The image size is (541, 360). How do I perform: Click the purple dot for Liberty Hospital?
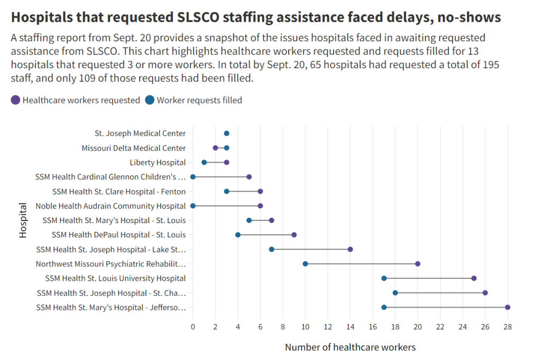point(226,162)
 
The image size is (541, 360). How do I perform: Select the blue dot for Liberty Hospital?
point(204,162)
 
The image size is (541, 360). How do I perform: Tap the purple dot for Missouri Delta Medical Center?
point(215,148)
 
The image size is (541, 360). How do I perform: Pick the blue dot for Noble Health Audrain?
point(193,206)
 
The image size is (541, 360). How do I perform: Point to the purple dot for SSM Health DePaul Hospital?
point(294,235)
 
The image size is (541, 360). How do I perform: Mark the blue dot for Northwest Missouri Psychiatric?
point(305,264)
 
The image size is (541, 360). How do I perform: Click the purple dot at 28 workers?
point(508,307)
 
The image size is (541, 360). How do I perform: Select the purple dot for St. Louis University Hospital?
point(474,278)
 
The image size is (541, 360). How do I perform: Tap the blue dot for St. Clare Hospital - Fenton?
point(226,191)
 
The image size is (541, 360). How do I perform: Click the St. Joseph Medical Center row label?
point(140,134)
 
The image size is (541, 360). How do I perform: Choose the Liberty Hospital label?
point(158,162)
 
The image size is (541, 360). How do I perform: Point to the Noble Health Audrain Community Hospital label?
point(111,206)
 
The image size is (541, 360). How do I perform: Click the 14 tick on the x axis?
point(350,327)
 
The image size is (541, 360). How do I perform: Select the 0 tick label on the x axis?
point(193,327)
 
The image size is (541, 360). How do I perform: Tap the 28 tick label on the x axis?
point(508,327)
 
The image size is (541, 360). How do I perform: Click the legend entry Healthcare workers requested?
point(81,100)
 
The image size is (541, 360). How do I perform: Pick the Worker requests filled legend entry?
point(199,100)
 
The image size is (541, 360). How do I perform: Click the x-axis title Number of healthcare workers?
point(350,347)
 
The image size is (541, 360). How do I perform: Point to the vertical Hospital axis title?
point(23,220)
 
